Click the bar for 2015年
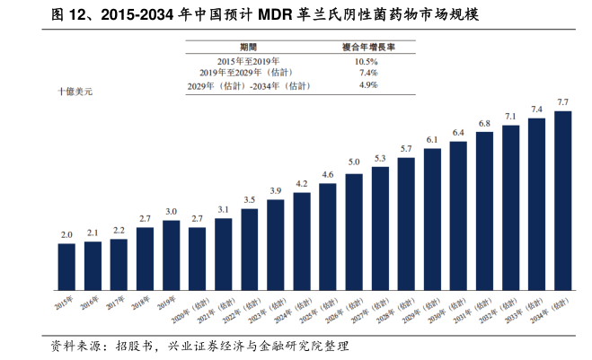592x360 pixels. click(66, 268)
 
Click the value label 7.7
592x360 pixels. click(563, 103)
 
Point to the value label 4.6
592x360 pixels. click(328, 174)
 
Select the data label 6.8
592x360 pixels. click(484, 123)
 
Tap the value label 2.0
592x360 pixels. click(66, 234)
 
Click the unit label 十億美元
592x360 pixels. click(75, 91)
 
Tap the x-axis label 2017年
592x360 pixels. click(114, 306)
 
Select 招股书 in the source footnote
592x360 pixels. click(137, 347)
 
